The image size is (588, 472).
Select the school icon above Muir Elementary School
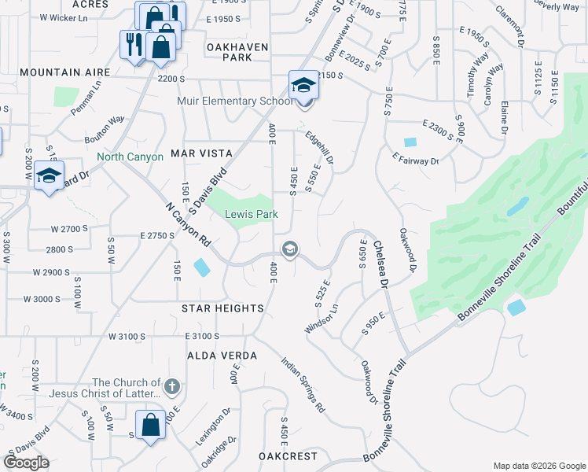[x=303, y=85]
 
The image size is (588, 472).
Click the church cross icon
[x=173, y=387]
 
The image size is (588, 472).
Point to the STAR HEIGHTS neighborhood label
[x=222, y=308]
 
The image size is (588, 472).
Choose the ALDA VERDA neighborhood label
[x=222, y=356]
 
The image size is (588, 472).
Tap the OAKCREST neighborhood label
[x=288, y=456]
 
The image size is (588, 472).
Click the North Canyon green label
[x=130, y=157]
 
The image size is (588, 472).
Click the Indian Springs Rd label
[x=303, y=385]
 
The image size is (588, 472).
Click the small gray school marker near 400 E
[x=289, y=250]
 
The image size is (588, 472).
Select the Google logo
[x=26, y=463]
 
